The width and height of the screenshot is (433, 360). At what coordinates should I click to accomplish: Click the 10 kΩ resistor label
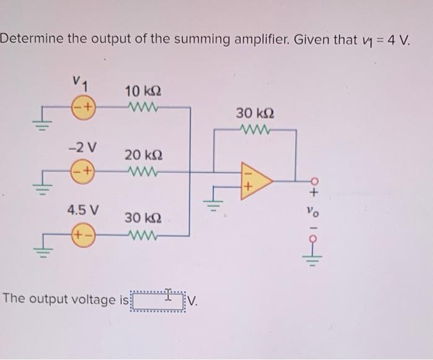coord(144,91)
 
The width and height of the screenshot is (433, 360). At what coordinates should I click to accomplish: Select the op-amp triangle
coord(254,181)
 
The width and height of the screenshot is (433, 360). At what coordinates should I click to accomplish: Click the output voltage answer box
coord(158,302)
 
